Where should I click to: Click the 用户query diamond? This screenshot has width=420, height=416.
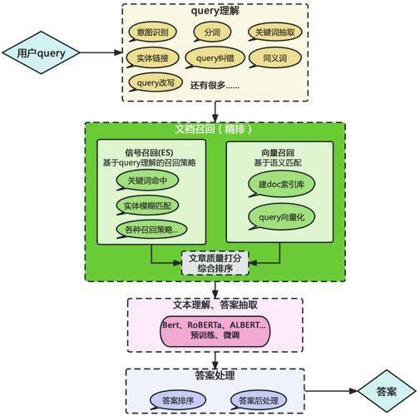[x=40, y=52]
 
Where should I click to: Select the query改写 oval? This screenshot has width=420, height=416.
[x=153, y=83]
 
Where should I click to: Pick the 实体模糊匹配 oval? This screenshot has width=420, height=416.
[x=146, y=206]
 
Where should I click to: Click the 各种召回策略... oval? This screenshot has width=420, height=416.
[x=151, y=230]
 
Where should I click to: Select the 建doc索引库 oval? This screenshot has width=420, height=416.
[x=281, y=185]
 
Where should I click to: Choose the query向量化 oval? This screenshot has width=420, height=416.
[x=281, y=219]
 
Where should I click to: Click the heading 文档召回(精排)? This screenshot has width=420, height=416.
[x=215, y=130]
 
